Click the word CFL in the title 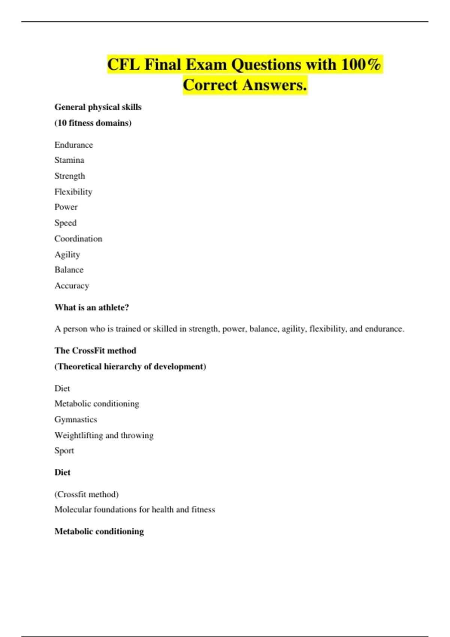click(x=123, y=64)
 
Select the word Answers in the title click(x=274, y=85)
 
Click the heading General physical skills click(x=98, y=107)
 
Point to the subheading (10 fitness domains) click(x=93, y=123)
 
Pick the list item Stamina click(x=69, y=160)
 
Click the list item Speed click(x=66, y=223)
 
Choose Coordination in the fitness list click(x=78, y=239)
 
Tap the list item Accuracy click(x=72, y=286)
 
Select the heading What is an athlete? click(x=91, y=308)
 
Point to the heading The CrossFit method click(x=95, y=351)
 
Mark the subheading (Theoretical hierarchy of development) click(x=130, y=366)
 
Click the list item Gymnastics click(x=76, y=420)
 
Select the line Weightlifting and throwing click(x=104, y=435)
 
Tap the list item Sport click(x=64, y=451)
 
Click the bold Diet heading click(x=62, y=473)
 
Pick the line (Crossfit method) click(x=87, y=495)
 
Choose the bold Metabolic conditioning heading click(x=99, y=532)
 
